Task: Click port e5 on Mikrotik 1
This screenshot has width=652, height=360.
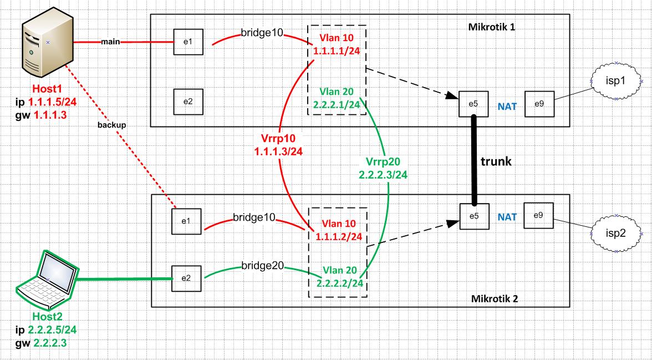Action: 473,104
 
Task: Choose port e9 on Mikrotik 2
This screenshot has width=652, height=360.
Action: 538,216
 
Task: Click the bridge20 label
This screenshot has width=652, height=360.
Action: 262,266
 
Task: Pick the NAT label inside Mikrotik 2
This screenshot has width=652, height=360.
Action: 507,217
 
